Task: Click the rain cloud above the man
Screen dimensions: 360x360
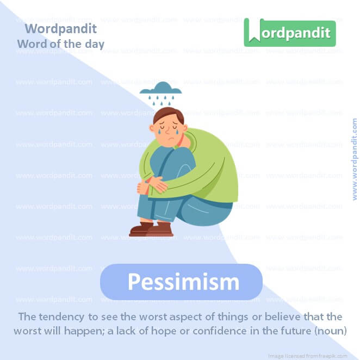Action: point(160,89)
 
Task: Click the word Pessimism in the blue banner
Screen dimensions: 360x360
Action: point(183,282)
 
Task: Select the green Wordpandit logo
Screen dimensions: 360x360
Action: point(289,33)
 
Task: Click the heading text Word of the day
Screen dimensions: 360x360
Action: point(60,44)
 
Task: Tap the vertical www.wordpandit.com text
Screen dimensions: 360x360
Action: point(355,159)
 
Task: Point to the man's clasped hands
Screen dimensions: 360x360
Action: point(150,184)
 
